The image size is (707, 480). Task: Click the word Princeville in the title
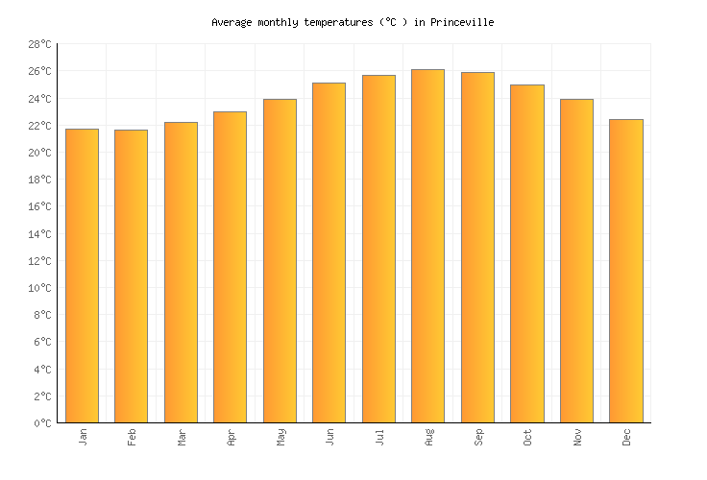[461, 22]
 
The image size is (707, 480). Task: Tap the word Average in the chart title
[233, 22]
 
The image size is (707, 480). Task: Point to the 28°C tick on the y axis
[39, 44]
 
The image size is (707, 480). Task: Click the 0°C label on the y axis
[42, 422]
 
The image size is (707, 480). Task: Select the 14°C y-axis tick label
[39, 233]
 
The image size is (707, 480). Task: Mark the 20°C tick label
[39, 153]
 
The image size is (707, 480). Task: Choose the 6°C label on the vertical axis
[42, 342]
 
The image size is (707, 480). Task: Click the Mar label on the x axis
[181, 437]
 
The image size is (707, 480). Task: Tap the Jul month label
[378, 437]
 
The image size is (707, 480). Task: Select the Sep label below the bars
[477, 437]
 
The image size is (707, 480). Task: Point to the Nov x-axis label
[576, 437]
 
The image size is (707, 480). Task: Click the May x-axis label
[280, 437]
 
